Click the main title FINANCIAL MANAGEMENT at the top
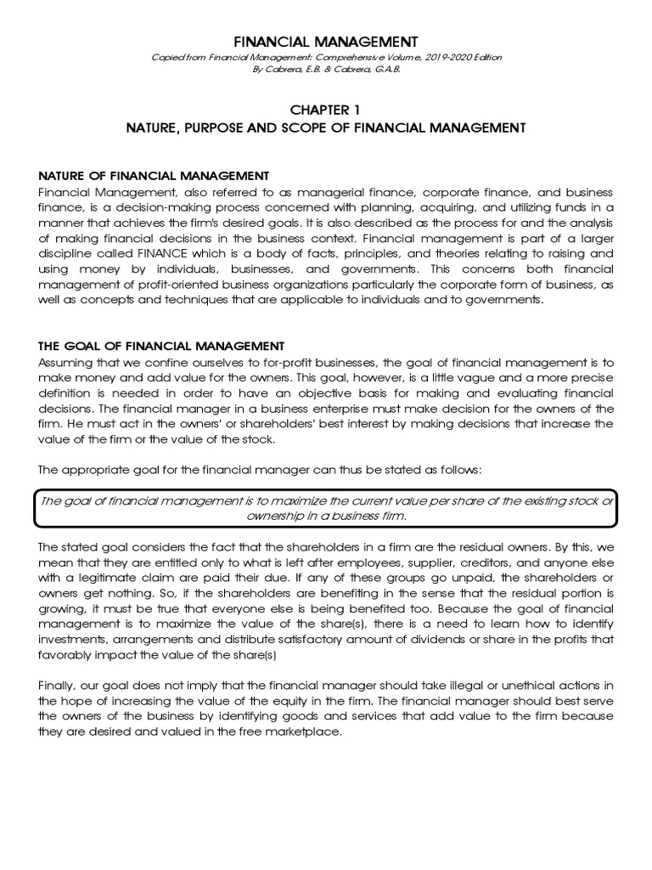click(325, 40)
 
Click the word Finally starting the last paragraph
click(59, 685)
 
